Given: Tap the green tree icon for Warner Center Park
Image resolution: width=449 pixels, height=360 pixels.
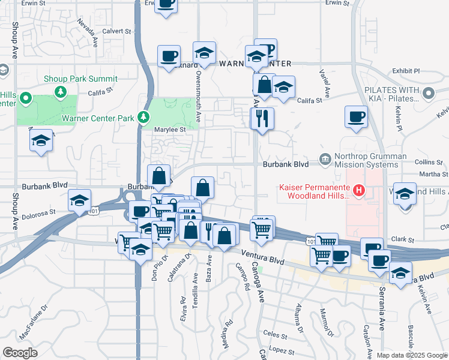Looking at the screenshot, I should pyautogui.click(x=143, y=117).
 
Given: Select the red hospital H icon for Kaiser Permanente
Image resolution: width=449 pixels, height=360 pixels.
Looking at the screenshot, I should pyautogui.click(x=359, y=191).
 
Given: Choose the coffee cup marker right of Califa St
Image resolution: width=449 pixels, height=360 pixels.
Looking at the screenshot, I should pyautogui.click(x=356, y=116).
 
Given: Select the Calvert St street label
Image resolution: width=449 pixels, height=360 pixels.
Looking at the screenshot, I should pyautogui.click(x=116, y=31).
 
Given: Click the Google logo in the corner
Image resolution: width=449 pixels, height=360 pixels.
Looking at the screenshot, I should pyautogui.click(x=20, y=352).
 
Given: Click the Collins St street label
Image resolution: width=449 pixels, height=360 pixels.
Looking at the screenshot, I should pyautogui.click(x=428, y=162).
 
